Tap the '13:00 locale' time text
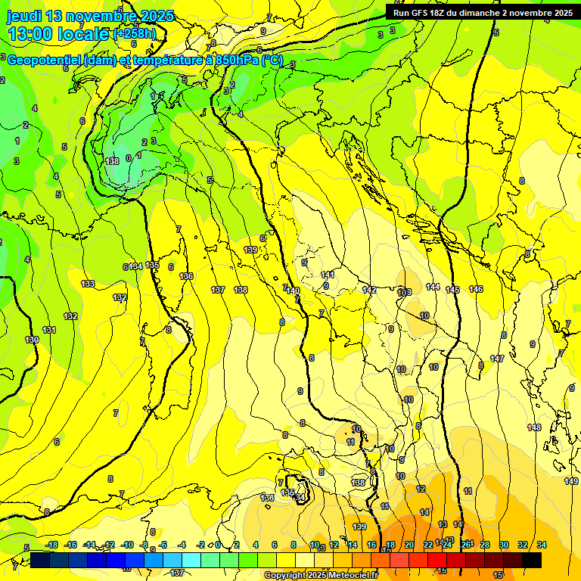click(x=58, y=34)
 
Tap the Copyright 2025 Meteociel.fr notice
click(x=321, y=576)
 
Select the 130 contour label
click(x=32, y=340)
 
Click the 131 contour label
click(x=50, y=330)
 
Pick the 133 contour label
click(x=89, y=284)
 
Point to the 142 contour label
click(x=369, y=290)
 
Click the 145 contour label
click(x=452, y=290)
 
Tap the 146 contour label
click(x=475, y=289)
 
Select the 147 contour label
click(x=496, y=358)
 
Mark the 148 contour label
click(x=534, y=427)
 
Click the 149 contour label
click(x=571, y=481)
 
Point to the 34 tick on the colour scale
click(x=542, y=545)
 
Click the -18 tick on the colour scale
click(x=52, y=545)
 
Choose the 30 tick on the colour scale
click(x=504, y=545)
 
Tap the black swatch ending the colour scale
click(x=532, y=560)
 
